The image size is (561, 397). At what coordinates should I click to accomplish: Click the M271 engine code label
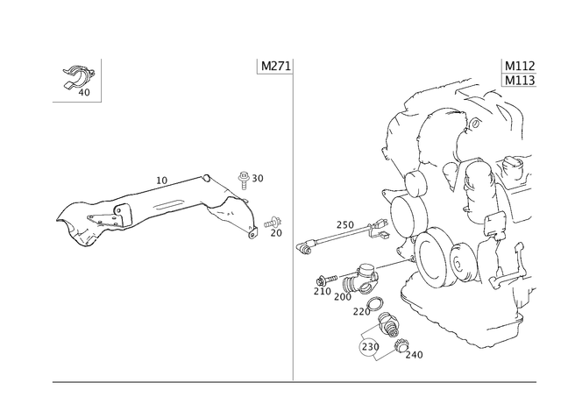tap(276, 67)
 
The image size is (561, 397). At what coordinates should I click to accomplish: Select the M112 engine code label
tap(520, 67)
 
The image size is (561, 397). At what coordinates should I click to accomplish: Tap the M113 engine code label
tap(520, 81)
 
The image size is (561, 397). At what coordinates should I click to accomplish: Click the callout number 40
tap(84, 93)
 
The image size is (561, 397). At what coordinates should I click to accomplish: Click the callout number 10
tap(161, 181)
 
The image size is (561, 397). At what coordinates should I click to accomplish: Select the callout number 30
tap(258, 178)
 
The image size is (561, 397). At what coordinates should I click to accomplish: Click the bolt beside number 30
tap(244, 181)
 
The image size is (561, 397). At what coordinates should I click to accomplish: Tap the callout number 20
tap(276, 233)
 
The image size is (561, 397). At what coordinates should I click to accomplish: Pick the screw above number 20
tap(273, 223)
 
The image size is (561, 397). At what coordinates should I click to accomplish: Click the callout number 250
tap(344, 225)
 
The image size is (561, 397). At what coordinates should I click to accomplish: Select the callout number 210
tap(322, 292)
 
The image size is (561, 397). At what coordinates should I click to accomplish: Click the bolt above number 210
tap(327, 279)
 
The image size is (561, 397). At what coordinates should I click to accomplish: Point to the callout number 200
tap(343, 297)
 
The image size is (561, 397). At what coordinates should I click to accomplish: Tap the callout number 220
tap(361, 312)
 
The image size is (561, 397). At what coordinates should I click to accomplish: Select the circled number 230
tap(370, 346)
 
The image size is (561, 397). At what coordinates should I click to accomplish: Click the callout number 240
tap(414, 355)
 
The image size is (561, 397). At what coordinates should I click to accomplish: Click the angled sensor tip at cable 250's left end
tap(303, 248)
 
